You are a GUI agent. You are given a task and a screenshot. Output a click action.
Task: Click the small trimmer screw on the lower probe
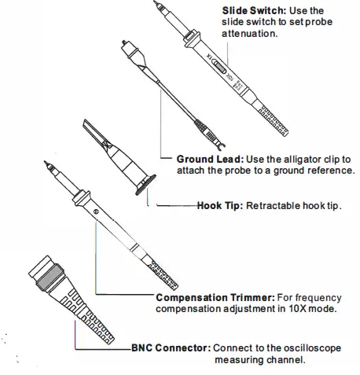coord(96,212)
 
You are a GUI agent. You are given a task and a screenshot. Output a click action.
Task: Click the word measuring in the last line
coord(241,361)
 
